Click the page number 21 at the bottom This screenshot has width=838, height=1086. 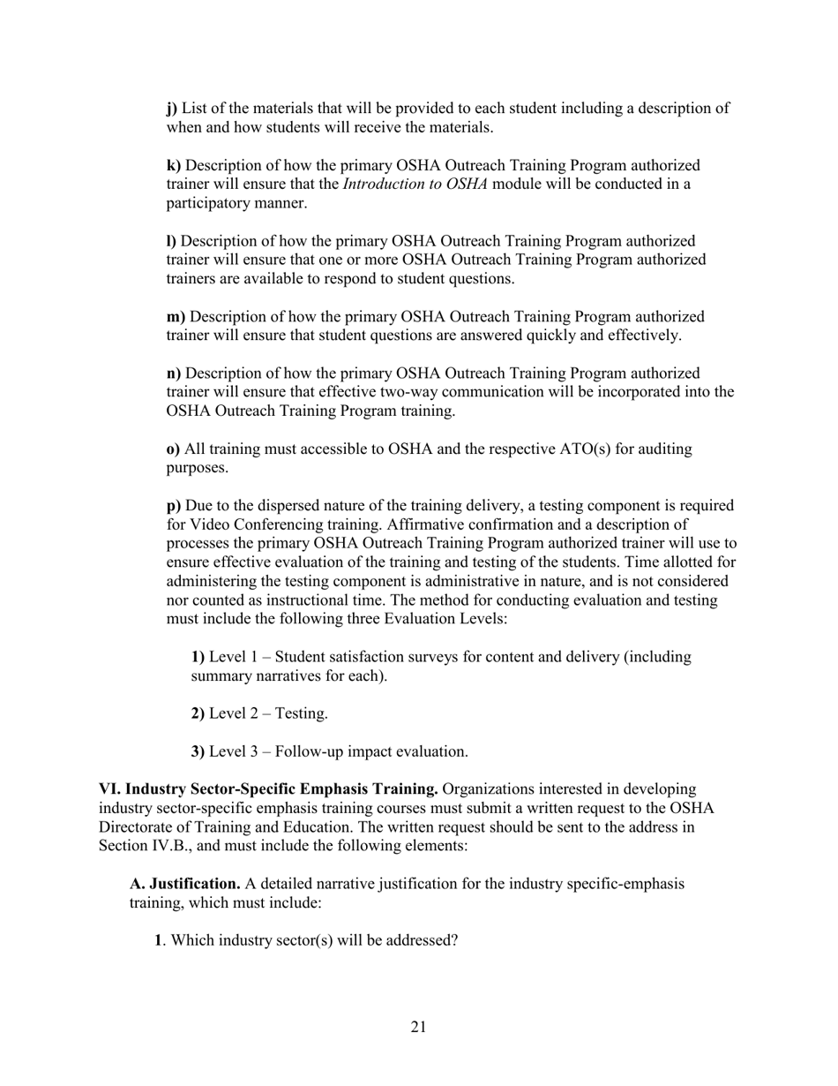(418, 1027)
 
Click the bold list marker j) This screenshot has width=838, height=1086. (171, 109)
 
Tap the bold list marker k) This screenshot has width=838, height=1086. (174, 166)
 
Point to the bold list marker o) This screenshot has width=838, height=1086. (173, 449)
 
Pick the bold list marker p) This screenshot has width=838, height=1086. (174, 506)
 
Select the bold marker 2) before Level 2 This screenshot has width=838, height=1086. (198, 713)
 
